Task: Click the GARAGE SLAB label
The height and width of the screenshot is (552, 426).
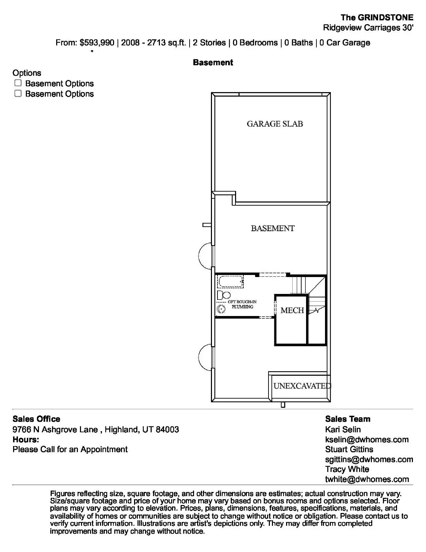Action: click(x=275, y=124)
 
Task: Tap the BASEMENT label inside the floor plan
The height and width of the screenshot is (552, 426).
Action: click(x=272, y=228)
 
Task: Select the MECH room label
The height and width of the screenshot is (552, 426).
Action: click(x=292, y=310)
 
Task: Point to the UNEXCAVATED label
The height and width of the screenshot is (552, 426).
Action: click(x=302, y=386)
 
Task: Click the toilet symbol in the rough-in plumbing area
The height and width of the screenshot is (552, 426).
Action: click(x=224, y=295)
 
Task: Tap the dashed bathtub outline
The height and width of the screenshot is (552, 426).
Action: click(x=230, y=282)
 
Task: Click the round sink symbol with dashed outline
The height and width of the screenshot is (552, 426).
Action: click(x=221, y=309)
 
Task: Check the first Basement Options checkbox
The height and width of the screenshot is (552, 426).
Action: click(x=18, y=83)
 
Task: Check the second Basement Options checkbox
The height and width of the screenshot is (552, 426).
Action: click(x=18, y=93)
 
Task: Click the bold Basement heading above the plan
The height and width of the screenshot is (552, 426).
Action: click(x=213, y=62)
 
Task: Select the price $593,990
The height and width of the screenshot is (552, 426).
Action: click(x=97, y=43)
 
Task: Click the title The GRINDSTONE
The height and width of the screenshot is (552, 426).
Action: click(x=377, y=18)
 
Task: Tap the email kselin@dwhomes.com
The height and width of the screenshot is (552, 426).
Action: click(x=367, y=440)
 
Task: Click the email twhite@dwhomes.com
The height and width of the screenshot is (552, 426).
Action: click(x=367, y=479)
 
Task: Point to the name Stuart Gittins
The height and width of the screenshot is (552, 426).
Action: click(x=349, y=449)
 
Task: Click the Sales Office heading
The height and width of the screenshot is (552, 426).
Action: click(x=36, y=419)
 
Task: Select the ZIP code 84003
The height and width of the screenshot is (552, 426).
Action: click(x=168, y=430)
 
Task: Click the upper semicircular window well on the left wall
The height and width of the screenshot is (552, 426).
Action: click(x=206, y=256)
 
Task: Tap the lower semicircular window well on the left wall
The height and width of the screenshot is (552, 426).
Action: click(x=206, y=357)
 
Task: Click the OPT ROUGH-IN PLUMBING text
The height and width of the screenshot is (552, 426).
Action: click(x=242, y=304)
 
